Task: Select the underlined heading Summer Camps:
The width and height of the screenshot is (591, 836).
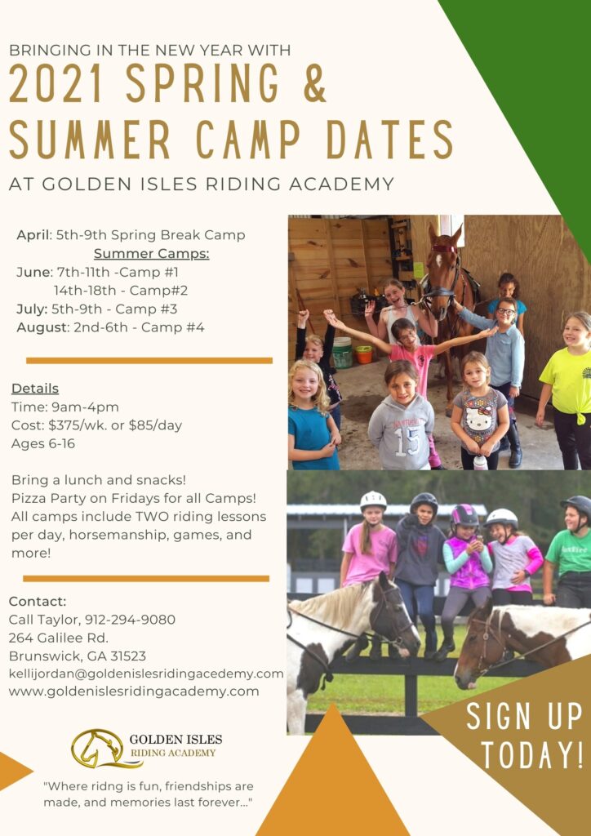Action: (151, 253)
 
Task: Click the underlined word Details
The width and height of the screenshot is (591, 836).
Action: (35, 389)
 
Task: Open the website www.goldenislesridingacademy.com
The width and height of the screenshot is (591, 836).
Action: (134, 691)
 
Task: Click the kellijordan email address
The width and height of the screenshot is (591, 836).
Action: (146, 674)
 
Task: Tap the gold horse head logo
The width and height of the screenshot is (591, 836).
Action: (96, 748)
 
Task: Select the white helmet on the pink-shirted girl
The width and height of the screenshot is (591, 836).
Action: (373, 500)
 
